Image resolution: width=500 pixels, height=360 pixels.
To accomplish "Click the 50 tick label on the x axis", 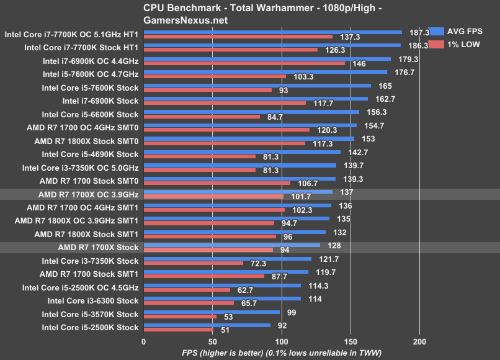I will point(213,342).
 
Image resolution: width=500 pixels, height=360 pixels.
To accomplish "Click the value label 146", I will point(359,63).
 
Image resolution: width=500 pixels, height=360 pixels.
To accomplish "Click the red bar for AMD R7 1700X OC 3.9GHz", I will point(213,197).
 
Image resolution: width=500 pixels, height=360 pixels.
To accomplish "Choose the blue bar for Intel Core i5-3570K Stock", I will point(212,312).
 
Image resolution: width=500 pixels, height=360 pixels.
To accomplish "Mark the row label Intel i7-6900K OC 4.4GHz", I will point(91,60).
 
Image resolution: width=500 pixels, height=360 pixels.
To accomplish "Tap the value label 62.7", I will point(243,290).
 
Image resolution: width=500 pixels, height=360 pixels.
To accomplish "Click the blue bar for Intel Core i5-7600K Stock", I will point(257,85).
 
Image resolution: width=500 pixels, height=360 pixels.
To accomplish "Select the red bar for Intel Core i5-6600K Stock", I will point(202,117).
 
